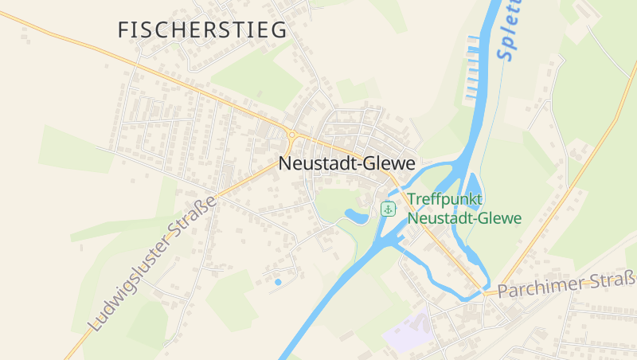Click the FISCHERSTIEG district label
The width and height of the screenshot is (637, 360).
[201, 30]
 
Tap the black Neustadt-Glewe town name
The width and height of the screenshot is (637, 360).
[347, 163]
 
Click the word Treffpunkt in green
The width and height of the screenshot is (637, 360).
[446, 200]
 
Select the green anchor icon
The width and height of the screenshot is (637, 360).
[388, 209]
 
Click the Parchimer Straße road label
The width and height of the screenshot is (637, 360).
[567, 284]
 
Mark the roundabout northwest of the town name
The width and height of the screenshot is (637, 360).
[292, 135]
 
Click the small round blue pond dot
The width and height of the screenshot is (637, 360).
[278, 281]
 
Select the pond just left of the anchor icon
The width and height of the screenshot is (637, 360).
[357, 214]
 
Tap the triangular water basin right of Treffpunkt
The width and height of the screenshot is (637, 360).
[472, 190]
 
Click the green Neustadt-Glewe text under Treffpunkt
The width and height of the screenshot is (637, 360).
[464, 217]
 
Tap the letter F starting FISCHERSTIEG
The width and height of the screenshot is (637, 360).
[123, 30]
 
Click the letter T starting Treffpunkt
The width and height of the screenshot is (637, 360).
[412, 200]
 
